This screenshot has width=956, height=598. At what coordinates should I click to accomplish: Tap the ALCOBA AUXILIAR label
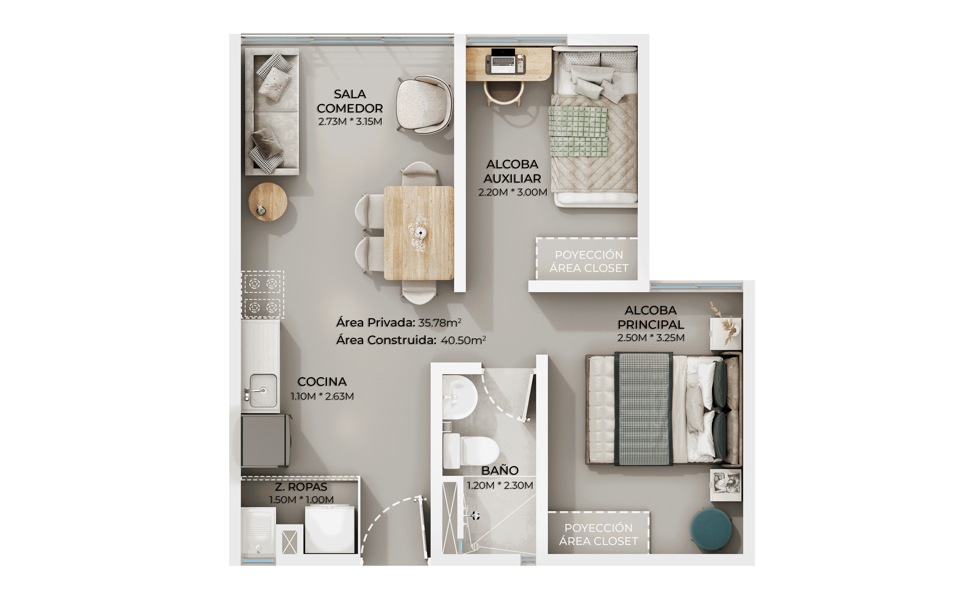(512, 171)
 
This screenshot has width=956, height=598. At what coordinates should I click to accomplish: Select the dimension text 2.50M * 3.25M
(651, 337)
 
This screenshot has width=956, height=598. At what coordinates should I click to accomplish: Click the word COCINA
(322, 382)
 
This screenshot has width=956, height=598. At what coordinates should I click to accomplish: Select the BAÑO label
(500, 470)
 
